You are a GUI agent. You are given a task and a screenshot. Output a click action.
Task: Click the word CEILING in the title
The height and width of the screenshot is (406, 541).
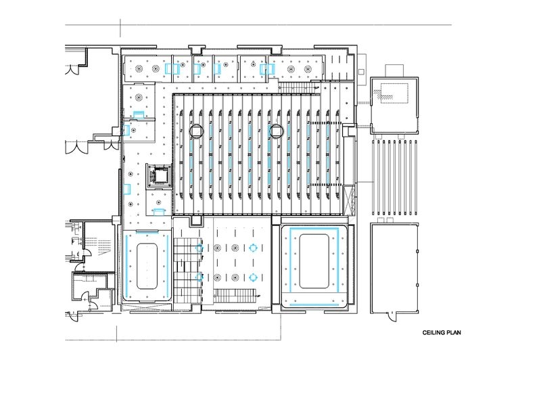click(x=433, y=332)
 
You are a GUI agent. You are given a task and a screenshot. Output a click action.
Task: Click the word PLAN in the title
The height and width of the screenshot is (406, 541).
click(x=454, y=332)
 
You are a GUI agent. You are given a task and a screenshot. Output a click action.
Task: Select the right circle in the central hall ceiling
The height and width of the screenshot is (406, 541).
click(x=277, y=131)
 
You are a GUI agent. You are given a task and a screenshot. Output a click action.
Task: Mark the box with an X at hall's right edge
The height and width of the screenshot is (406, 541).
click(x=348, y=200)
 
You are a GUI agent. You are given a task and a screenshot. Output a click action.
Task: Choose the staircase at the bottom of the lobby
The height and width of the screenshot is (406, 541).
click(x=235, y=296)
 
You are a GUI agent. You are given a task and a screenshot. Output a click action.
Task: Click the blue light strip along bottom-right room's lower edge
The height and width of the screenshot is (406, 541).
click(x=314, y=304)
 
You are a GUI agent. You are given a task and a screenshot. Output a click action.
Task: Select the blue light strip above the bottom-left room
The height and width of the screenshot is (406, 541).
click(x=147, y=232)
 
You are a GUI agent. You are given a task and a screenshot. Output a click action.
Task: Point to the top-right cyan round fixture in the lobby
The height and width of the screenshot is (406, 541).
click(x=253, y=248)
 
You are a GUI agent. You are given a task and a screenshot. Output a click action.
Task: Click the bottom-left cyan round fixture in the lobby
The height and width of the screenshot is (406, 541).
click(x=199, y=277)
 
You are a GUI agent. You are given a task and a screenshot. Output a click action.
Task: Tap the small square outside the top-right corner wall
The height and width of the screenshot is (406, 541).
click(x=361, y=72)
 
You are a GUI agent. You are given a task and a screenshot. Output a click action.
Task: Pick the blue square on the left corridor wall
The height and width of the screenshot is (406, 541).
click(x=126, y=189)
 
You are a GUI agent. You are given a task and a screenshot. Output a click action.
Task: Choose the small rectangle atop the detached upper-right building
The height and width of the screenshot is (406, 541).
click(x=394, y=71)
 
